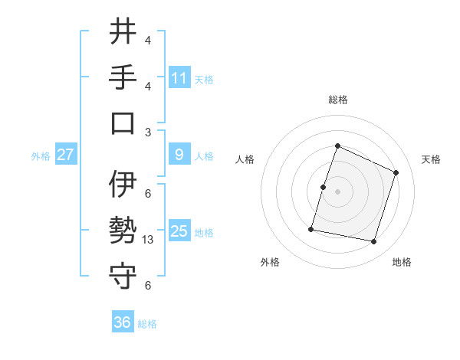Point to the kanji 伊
(x=123, y=185)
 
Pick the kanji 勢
(x=123, y=231)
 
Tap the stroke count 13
(x=149, y=240)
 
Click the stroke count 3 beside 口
(x=148, y=132)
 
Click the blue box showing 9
(x=179, y=155)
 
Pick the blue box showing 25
(x=179, y=231)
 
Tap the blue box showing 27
(x=65, y=155)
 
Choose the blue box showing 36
(x=123, y=322)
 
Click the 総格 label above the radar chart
(x=337, y=100)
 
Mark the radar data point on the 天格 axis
(x=396, y=172)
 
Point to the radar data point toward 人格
(x=324, y=187)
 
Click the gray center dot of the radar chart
(x=337, y=191)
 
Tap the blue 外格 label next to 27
(x=41, y=155)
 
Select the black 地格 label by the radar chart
(x=402, y=263)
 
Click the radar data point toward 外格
(x=311, y=228)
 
